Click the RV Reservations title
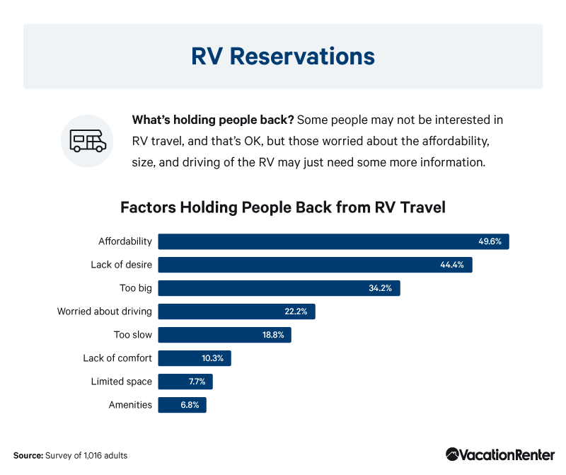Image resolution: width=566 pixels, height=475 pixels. (x=283, y=57)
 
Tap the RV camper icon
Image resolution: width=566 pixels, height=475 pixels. (x=88, y=141)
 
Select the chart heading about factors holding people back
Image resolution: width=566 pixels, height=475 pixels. (x=283, y=207)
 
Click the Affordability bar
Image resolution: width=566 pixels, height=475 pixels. (x=333, y=241)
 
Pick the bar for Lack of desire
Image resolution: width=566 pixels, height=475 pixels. (x=315, y=265)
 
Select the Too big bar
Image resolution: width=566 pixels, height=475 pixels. (x=279, y=288)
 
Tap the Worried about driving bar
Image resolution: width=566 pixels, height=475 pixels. (x=236, y=311)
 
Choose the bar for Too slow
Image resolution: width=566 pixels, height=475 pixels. (x=224, y=335)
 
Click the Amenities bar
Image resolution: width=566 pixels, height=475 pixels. (x=183, y=405)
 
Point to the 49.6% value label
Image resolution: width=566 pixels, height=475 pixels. (x=490, y=241)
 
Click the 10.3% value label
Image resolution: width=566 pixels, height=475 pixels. (x=212, y=358)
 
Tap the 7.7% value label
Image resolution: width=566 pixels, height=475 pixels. (x=197, y=382)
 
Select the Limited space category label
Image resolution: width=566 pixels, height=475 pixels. (x=121, y=382)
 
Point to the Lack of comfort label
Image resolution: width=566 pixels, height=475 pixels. (x=117, y=358)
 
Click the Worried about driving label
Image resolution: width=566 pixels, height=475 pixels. (x=104, y=311)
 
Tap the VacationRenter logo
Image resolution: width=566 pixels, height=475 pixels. (x=500, y=454)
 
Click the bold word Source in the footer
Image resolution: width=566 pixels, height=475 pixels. (x=28, y=455)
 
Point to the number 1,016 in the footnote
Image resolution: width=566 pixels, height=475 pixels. (x=93, y=456)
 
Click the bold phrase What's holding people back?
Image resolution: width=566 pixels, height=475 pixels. (x=213, y=120)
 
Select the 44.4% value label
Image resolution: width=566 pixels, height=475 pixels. (x=452, y=265)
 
